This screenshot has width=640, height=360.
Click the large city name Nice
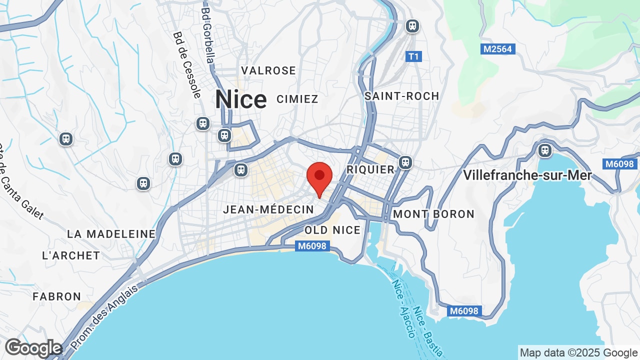tap(240, 99)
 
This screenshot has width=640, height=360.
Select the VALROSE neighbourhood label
tap(268, 70)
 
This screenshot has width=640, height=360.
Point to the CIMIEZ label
tap(297, 99)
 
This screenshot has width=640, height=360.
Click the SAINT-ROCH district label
tap(401, 96)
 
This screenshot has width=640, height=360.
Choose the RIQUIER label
tap(370, 170)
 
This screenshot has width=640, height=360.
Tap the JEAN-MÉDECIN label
tap(268, 209)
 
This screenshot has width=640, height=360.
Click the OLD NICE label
tap(332, 230)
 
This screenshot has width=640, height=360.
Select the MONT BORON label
tap(433, 214)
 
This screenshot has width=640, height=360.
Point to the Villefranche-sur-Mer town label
tap(527, 175)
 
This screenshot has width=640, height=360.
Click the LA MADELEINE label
tap(111, 234)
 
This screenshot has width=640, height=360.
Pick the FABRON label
tap(57, 296)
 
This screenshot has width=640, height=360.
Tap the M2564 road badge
tap(498, 49)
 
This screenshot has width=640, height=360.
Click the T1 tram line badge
tap(413, 56)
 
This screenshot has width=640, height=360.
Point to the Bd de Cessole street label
tap(187, 64)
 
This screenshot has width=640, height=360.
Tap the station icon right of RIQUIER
tap(405, 162)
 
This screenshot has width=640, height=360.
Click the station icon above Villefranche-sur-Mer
tap(544, 150)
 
